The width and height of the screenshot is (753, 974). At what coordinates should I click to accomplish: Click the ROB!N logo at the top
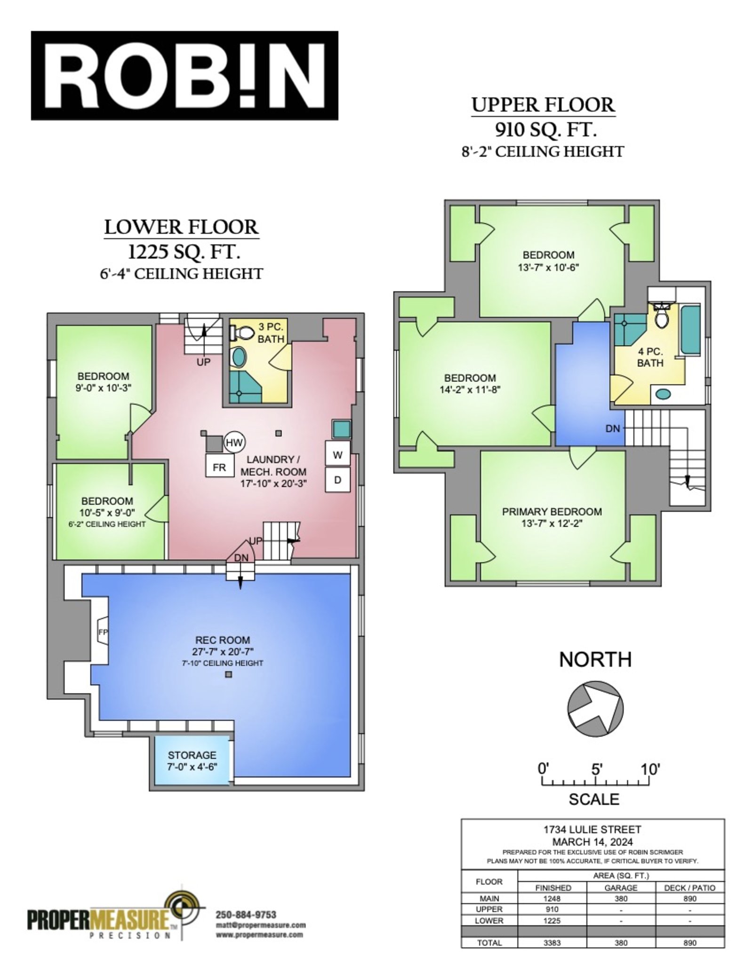[184, 76]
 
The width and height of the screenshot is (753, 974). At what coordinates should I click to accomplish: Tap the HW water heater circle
[234, 442]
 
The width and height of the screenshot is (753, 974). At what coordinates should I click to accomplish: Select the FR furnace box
[219, 467]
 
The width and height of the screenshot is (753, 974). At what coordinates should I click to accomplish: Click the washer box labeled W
[337, 454]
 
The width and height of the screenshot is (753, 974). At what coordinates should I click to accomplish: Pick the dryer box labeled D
[337, 480]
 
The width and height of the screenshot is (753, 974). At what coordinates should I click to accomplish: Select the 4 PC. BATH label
[650, 357]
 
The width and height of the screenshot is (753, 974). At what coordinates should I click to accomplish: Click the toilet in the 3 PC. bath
[241, 333]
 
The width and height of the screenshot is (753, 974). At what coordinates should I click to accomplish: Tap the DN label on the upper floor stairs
[612, 428]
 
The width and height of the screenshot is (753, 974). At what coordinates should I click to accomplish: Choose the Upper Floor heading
[543, 105]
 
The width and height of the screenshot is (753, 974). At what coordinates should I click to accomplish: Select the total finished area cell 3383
[552, 942]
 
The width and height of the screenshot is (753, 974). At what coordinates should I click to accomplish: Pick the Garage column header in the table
[621, 887]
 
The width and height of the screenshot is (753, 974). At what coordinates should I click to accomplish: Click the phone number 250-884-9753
[246, 915]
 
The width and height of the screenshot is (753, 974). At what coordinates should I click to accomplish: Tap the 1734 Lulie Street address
[592, 830]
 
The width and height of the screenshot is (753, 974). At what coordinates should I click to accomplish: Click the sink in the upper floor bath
[663, 394]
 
